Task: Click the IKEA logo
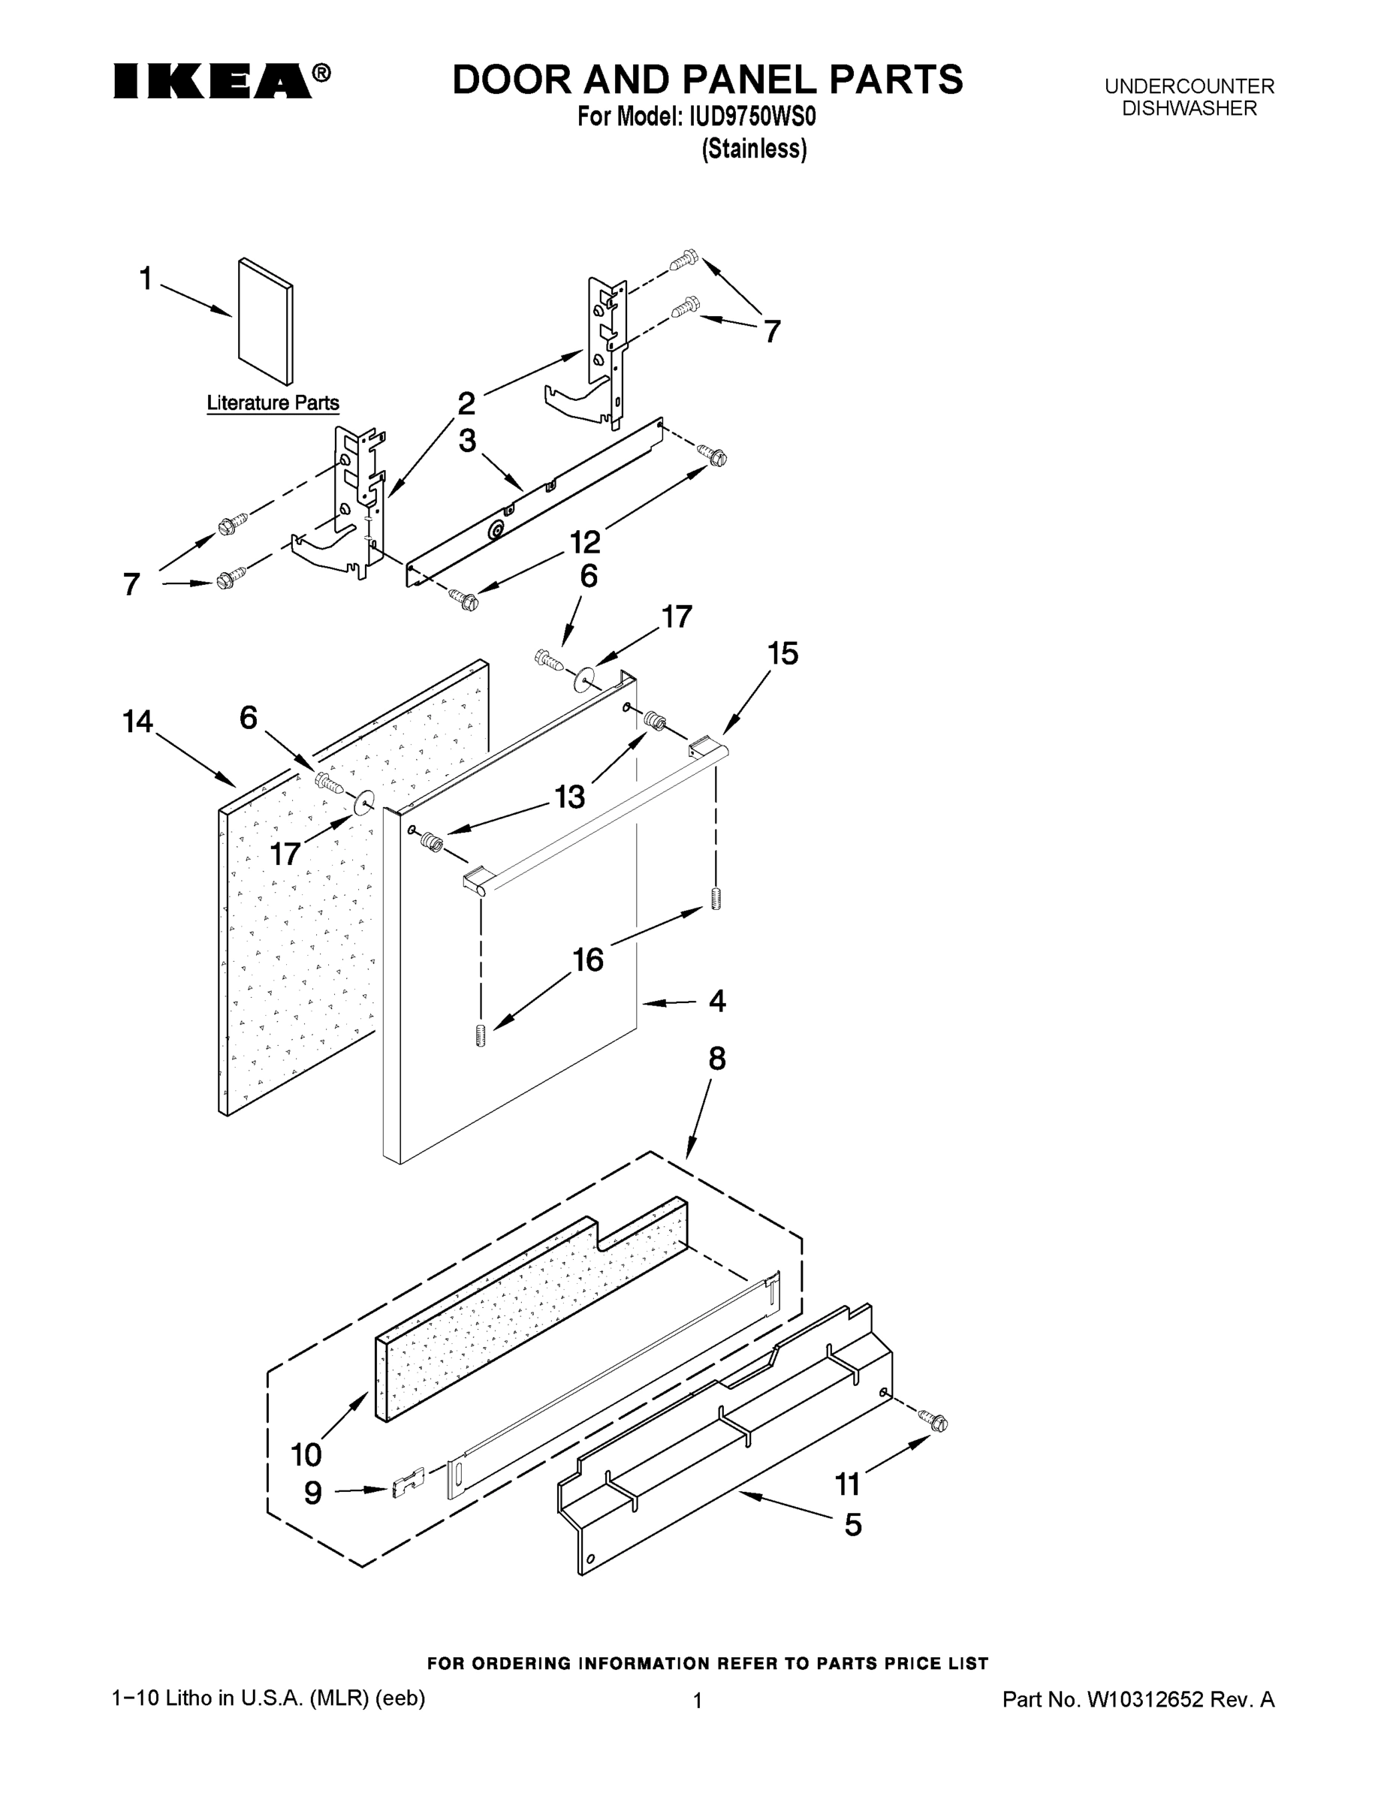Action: click(x=213, y=81)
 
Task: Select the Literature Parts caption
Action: click(x=273, y=402)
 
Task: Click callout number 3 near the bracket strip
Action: click(x=467, y=441)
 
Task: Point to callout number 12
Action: click(x=585, y=542)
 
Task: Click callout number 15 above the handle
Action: click(x=782, y=653)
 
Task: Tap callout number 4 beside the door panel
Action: click(x=717, y=1001)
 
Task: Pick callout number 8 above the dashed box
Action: click(x=716, y=1059)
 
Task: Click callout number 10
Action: click(x=306, y=1454)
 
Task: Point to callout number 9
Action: click(x=312, y=1493)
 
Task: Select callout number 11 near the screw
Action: click(x=848, y=1484)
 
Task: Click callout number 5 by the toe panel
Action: click(x=852, y=1525)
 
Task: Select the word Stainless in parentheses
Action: click(x=753, y=149)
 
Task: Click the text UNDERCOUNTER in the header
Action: click(x=1189, y=86)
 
